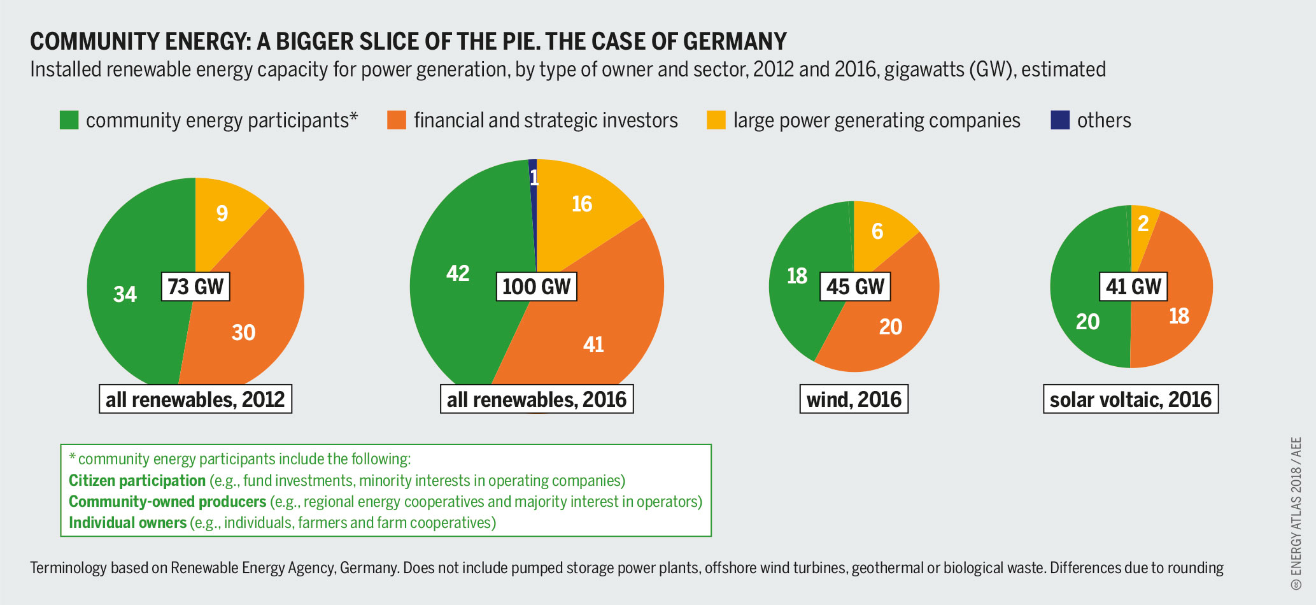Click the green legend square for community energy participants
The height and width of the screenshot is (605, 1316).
click(x=69, y=120)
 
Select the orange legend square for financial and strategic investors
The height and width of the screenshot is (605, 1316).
click(x=397, y=120)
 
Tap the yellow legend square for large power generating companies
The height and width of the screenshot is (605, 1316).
click(x=716, y=120)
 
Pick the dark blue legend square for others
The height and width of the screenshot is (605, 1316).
click(x=1060, y=120)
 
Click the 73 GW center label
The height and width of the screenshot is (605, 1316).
click(x=195, y=287)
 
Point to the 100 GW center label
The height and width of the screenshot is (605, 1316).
click(x=537, y=287)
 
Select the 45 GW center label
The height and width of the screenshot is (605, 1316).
click(x=855, y=287)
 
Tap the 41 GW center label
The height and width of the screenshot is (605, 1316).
click(x=1134, y=287)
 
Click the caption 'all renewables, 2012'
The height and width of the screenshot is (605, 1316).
click(x=195, y=399)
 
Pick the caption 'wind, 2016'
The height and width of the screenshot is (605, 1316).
click(x=854, y=399)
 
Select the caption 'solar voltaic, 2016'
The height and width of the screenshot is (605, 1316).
click(x=1131, y=399)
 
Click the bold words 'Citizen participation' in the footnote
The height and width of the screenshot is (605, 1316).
click(x=138, y=481)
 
